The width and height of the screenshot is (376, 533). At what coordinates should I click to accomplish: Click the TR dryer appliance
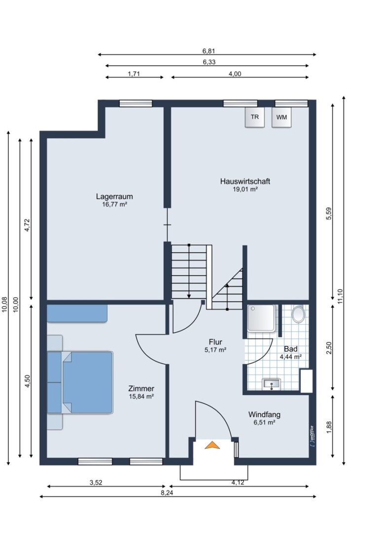(x=254, y=117)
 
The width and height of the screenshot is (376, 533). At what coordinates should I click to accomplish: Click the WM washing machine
(x=281, y=117)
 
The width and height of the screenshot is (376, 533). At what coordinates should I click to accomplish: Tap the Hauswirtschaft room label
(x=245, y=181)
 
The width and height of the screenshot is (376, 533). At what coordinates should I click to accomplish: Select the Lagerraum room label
(x=114, y=196)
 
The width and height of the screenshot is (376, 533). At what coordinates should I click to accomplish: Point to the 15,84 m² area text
(x=141, y=396)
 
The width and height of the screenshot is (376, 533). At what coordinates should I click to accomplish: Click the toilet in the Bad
(x=299, y=314)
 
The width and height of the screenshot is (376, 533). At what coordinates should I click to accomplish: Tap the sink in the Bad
(x=272, y=384)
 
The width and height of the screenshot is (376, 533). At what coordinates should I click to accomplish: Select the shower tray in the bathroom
(x=261, y=318)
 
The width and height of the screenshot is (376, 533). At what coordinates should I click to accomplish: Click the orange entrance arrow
(x=212, y=445)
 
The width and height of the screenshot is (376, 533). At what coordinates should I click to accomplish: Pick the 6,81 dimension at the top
(x=209, y=51)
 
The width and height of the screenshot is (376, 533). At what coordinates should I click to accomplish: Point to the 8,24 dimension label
(x=167, y=493)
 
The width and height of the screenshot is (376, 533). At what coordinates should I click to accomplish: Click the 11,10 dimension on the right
(x=341, y=296)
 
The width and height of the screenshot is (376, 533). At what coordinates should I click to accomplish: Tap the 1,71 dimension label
(x=134, y=74)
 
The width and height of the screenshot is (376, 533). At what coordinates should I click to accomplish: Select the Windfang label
(x=264, y=415)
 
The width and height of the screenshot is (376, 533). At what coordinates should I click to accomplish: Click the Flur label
(x=215, y=342)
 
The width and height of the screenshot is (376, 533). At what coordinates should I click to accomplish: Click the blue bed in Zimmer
(x=88, y=382)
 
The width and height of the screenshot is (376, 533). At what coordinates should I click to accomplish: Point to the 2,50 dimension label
(x=329, y=348)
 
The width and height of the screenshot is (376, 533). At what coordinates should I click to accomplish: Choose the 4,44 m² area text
(x=290, y=357)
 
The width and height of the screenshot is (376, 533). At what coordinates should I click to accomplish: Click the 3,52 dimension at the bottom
(x=96, y=482)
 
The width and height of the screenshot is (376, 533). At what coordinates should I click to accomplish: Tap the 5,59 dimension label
(x=329, y=214)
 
